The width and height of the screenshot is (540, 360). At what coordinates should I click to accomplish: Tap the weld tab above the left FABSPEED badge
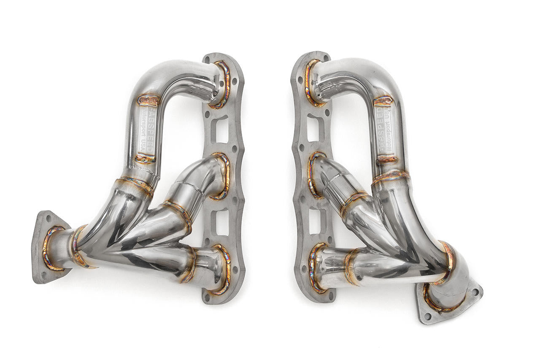[x=148, y=100]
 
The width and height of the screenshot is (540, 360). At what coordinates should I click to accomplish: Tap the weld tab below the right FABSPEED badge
[x=386, y=159]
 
